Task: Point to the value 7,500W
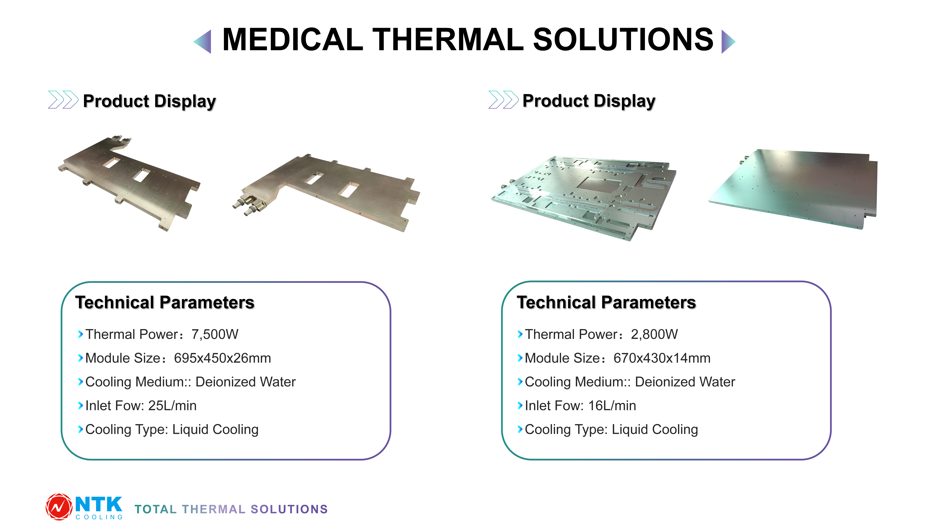(215, 334)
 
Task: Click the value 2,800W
(654, 334)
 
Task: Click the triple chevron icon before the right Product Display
(503, 100)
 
